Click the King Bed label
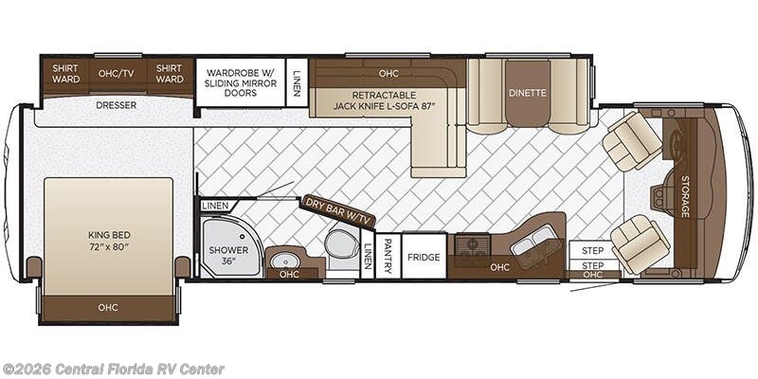click(x=109, y=241)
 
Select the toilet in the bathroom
click(x=341, y=244)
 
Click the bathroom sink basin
click(x=283, y=262)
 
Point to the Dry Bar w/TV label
click(x=338, y=211)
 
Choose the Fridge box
click(x=424, y=257)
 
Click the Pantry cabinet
click(x=388, y=257)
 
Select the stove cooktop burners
click(x=473, y=247)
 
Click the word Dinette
click(x=527, y=93)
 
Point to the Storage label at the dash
click(x=684, y=196)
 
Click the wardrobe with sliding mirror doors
click(x=241, y=82)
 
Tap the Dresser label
click(x=116, y=105)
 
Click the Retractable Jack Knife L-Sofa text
click(x=385, y=100)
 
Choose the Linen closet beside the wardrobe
click(x=298, y=82)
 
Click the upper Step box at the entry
click(x=593, y=250)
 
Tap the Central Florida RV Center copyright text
click(x=113, y=369)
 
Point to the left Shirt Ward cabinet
click(x=65, y=74)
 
